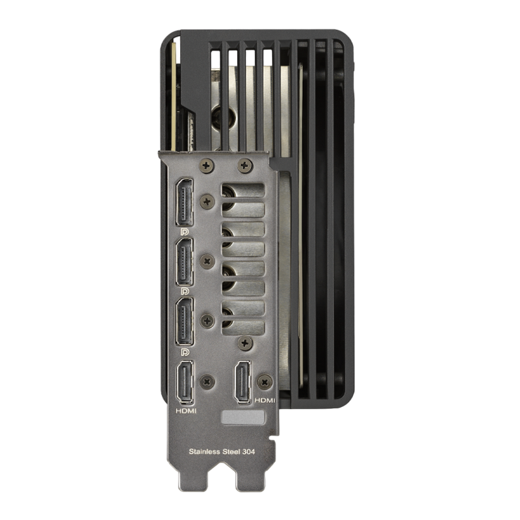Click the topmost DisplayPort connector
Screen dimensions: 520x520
pyautogui.click(x=185, y=202)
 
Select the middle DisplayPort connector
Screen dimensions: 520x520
pyautogui.click(x=185, y=262)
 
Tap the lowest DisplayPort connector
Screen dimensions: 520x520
pyautogui.click(x=185, y=321)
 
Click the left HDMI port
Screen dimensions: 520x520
pyautogui.click(x=186, y=383)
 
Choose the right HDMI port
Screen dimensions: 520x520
pyautogui.click(x=242, y=382)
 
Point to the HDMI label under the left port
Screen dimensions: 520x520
pyautogui.click(x=186, y=411)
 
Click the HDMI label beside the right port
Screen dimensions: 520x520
pyautogui.click(x=265, y=400)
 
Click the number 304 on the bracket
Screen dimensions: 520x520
pyautogui.click(x=249, y=451)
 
